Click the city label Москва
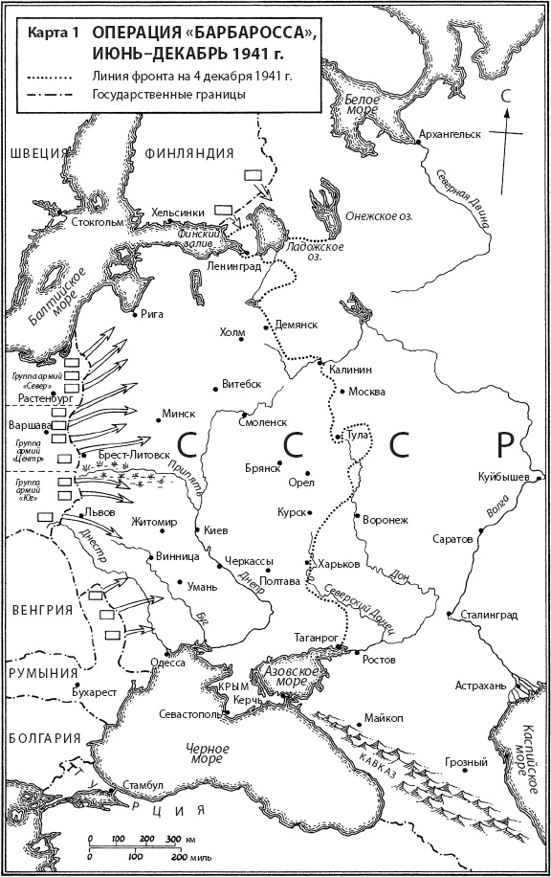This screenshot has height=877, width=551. [x=367, y=392]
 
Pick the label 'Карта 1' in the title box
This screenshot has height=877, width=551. [x=54, y=33]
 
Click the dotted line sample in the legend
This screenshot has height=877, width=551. [x=54, y=75]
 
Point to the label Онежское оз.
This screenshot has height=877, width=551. [x=378, y=216]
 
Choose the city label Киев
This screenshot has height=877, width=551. [x=216, y=530]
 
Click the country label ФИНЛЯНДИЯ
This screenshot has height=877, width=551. [x=189, y=153]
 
